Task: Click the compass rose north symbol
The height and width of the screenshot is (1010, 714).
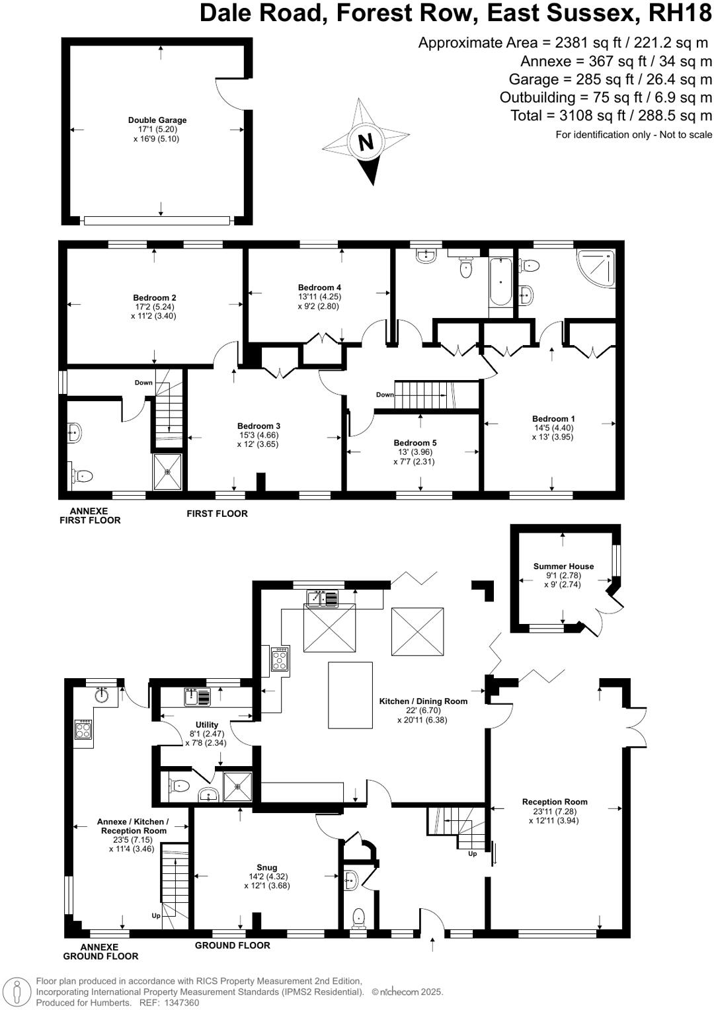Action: click(x=366, y=141)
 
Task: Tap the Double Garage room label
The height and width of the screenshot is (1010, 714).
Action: click(x=157, y=120)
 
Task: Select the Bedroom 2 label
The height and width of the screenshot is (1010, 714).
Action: click(x=154, y=297)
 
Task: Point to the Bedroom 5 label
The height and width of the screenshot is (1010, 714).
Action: click(x=415, y=443)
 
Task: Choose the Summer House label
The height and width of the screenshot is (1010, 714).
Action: click(x=563, y=566)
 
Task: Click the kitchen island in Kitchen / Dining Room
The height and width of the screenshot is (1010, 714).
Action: click(x=350, y=695)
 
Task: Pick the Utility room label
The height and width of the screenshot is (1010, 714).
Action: click(x=206, y=725)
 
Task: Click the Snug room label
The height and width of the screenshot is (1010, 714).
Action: click(x=267, y=867)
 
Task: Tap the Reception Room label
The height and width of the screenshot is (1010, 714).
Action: click(x=554, y=802)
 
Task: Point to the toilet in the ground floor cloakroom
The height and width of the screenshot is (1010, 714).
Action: click(x=358, y=916)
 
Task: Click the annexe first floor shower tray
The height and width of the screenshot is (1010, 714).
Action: click(x=167, y=471)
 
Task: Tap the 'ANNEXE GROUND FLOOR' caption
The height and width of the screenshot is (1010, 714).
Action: click(x=100, y=951)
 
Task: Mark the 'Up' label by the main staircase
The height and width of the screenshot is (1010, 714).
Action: click(x=472, y=854)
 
